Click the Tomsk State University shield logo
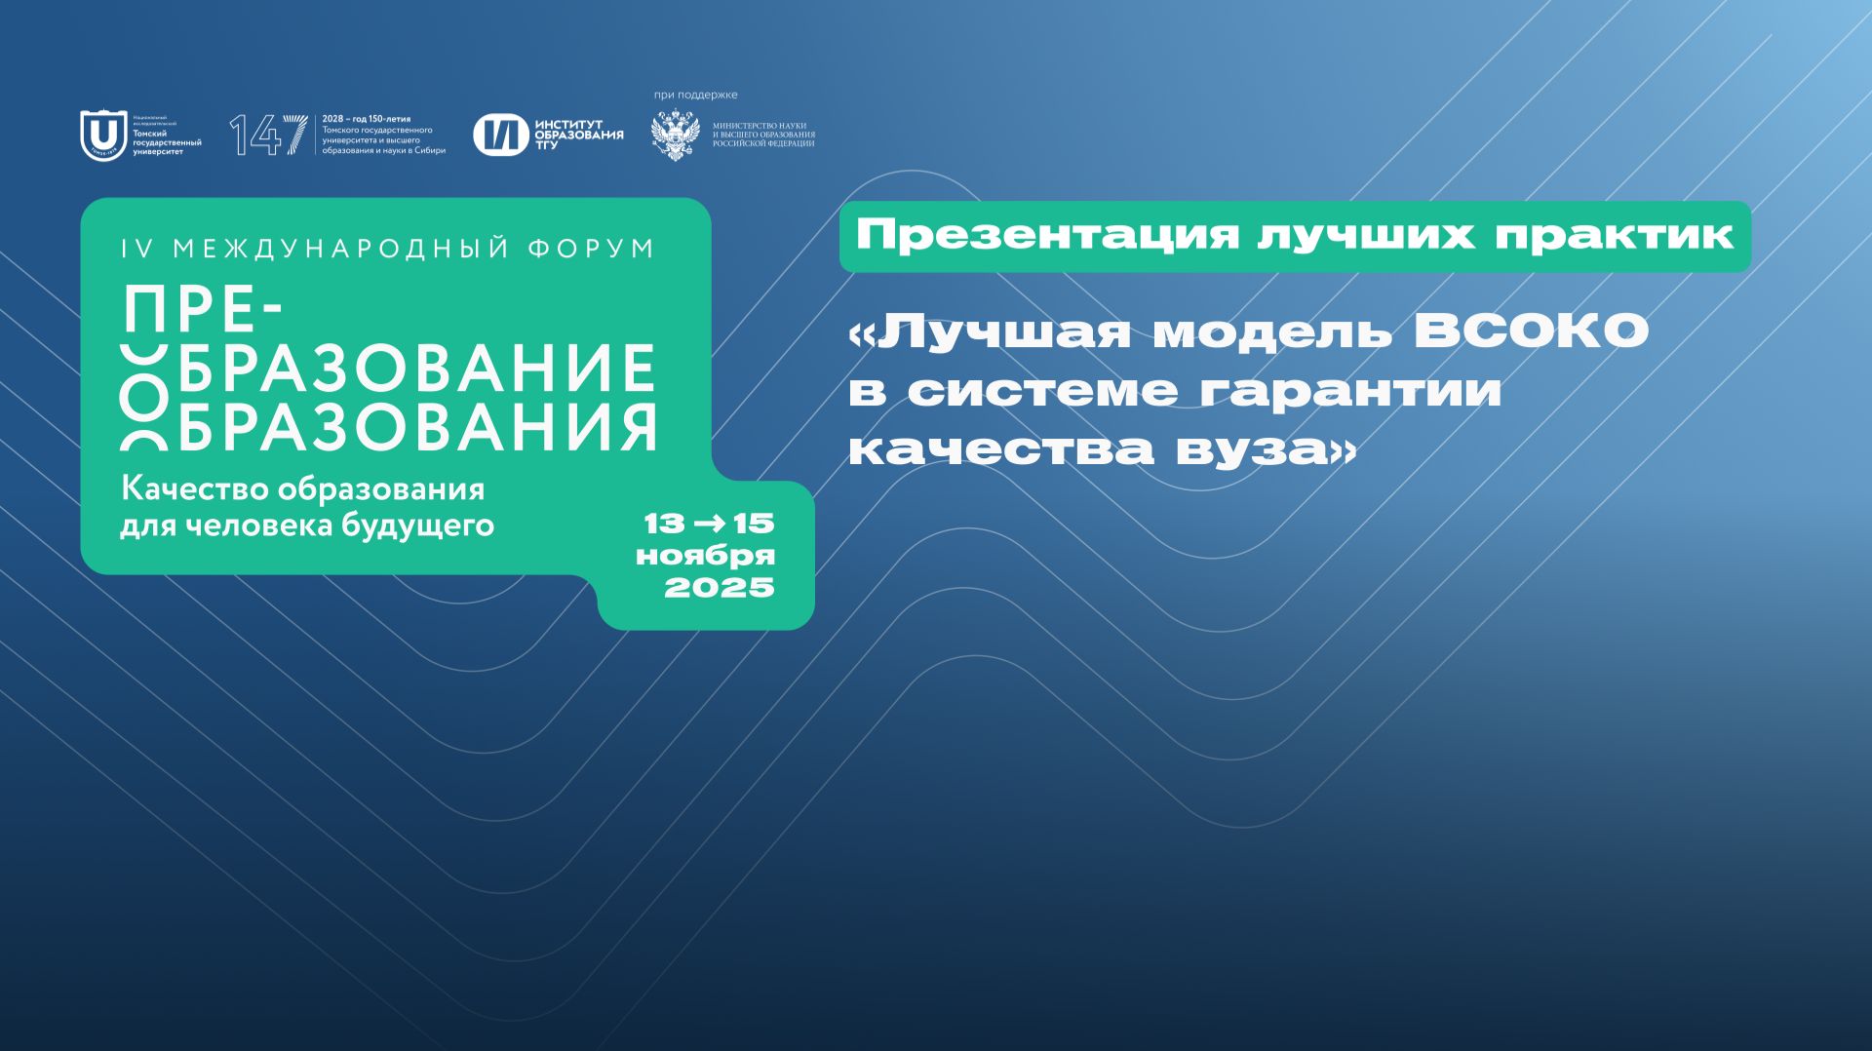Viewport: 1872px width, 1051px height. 102,135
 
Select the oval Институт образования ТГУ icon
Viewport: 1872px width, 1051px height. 500,135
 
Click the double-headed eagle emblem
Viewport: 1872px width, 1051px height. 675,136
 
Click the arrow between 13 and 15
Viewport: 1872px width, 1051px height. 708,524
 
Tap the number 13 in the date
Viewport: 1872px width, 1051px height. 664,524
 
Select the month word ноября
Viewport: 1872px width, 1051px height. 705,556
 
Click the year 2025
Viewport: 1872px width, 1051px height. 719,587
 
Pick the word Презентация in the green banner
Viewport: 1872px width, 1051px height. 1047,236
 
